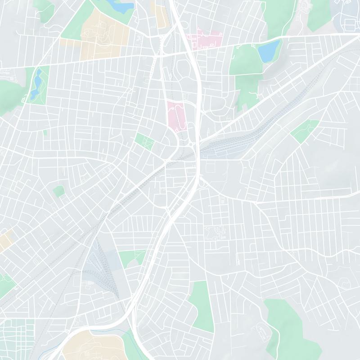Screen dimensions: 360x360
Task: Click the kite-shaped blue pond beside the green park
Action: [x=270, y=51]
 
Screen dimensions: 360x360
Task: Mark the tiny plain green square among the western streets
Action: [x=58, y=191]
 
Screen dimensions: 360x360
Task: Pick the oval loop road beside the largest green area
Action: [x=261, y=333]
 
